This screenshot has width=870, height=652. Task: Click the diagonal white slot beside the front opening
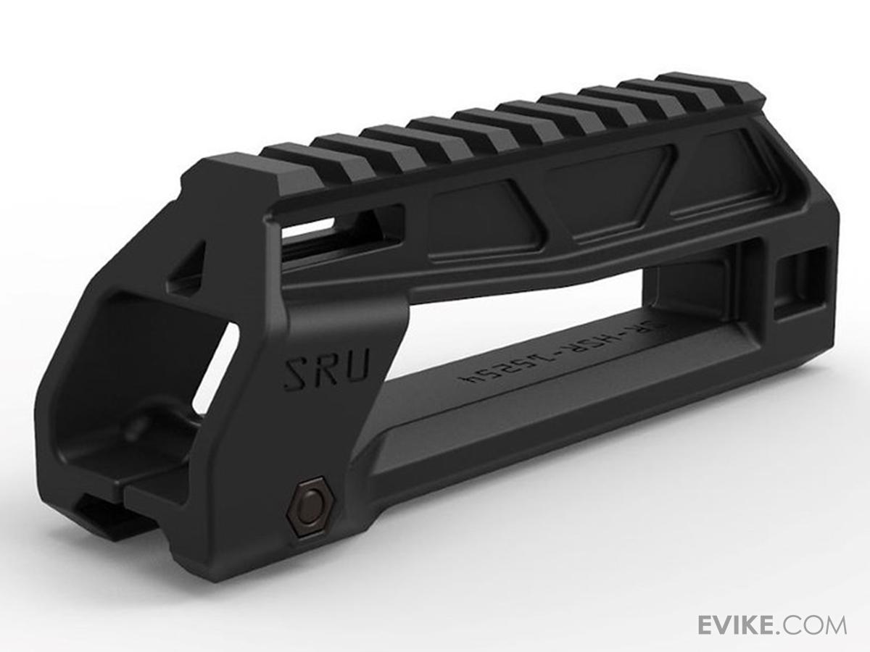click(x=217, y=369)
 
